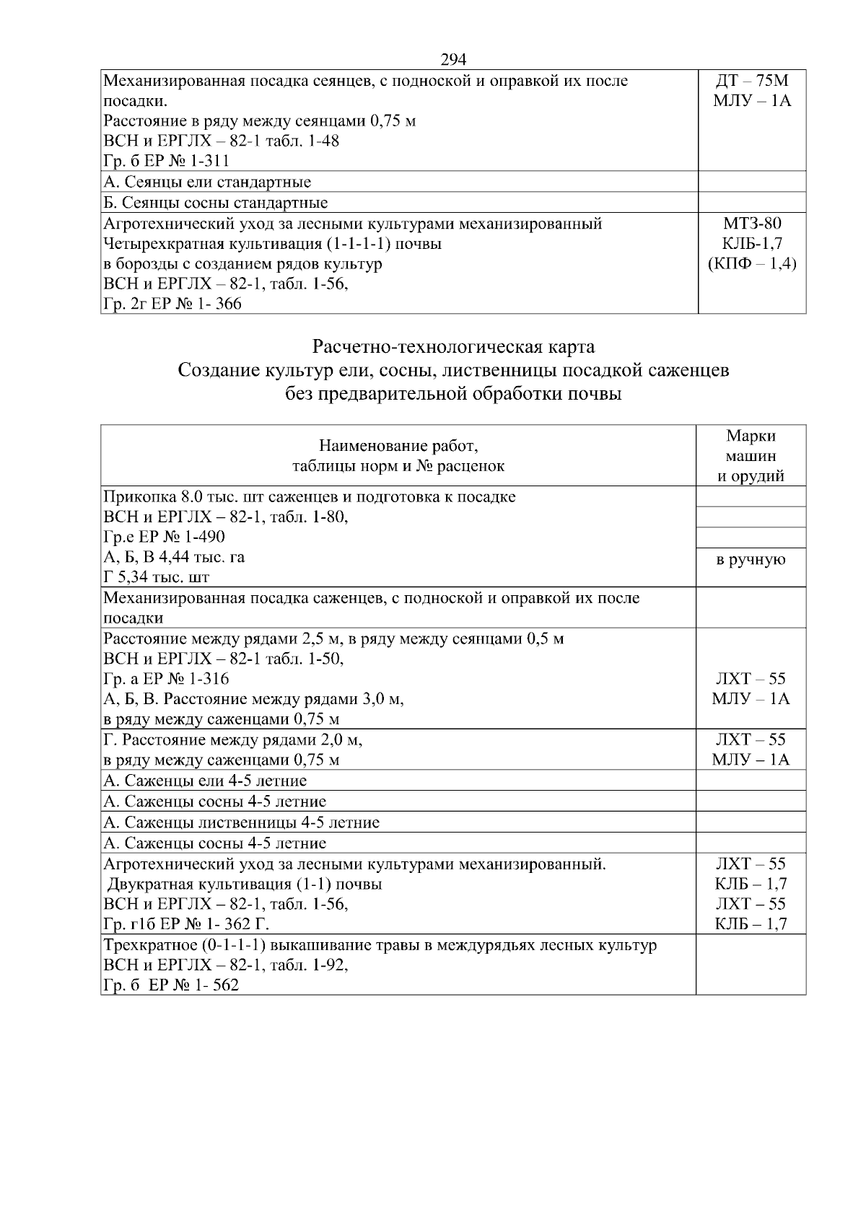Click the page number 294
(x=453, y=59)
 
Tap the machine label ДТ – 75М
(x=751, y=81)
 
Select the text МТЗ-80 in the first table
(x=751, y=224)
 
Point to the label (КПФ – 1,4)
(x=751, y=264)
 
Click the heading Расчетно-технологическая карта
(x=453, y=347)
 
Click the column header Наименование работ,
(x=398, y=445)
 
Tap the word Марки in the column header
(x=751, y=436)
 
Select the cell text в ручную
(x=751, y=560)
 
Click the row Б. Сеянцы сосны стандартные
(x=216, y=203)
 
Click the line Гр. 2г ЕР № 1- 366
(x=172, y=304)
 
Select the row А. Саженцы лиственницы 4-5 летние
(x=242, y=822)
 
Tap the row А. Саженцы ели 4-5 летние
(x=205, y=781)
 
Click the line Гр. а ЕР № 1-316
(x=166, y=679)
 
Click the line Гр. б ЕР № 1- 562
(x=171, y=985)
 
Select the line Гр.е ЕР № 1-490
(x=165, y=537)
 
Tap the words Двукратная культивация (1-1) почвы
(x=245, y=884)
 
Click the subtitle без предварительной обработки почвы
(x=453, y=395)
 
